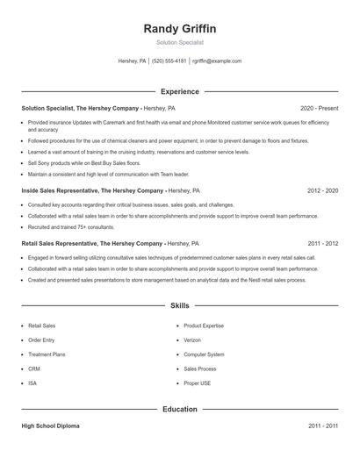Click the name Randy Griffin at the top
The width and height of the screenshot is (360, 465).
(x=179, y=28)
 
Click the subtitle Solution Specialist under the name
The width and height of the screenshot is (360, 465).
(x=179, y=42)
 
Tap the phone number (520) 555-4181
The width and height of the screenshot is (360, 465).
(x=169, y=61)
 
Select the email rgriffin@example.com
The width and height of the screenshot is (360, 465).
(x=217, y=61)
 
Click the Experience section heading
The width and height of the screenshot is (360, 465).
(x=179, y=91)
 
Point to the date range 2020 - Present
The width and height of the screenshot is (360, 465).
(x=319, y=108)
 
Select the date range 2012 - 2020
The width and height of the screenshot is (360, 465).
(x=322, y=190)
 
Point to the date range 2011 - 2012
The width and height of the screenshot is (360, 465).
(x=322, y=243)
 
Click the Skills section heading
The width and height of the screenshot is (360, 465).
(x=179, y=305)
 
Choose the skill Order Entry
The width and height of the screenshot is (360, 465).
(x=41, y=340)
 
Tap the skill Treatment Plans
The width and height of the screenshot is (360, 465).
(x=47, y=354)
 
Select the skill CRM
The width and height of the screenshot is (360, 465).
(x=33, y=368)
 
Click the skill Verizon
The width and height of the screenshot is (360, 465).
(x=193, y=340)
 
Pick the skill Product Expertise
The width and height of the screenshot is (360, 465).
(x=204, y=325)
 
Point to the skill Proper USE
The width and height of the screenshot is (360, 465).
(x=198, y=383)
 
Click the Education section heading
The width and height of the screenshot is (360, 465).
(x=179, y=409)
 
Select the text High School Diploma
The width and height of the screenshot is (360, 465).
(x=50, y=426)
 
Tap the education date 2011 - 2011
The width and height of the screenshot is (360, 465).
(x=322, y=426)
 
